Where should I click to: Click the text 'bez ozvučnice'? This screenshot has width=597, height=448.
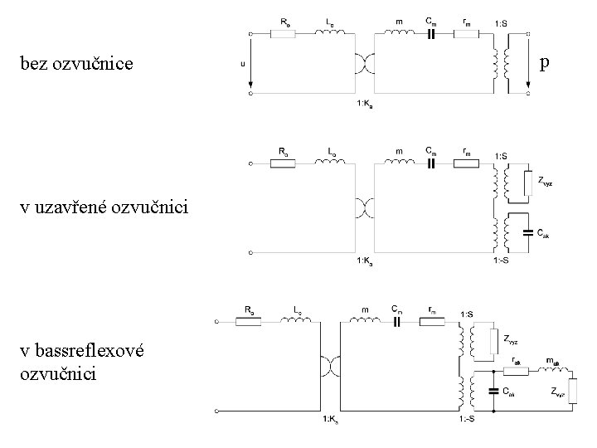pos(75,63)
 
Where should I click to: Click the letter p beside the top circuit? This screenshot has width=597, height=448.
pos(544,62)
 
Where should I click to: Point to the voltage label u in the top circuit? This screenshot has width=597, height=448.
pos(243,62)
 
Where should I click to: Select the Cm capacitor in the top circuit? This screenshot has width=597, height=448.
pos(430,34)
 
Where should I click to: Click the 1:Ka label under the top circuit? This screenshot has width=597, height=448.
pos(365,104)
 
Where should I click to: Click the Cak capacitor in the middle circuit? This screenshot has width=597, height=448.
pos(527,234)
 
